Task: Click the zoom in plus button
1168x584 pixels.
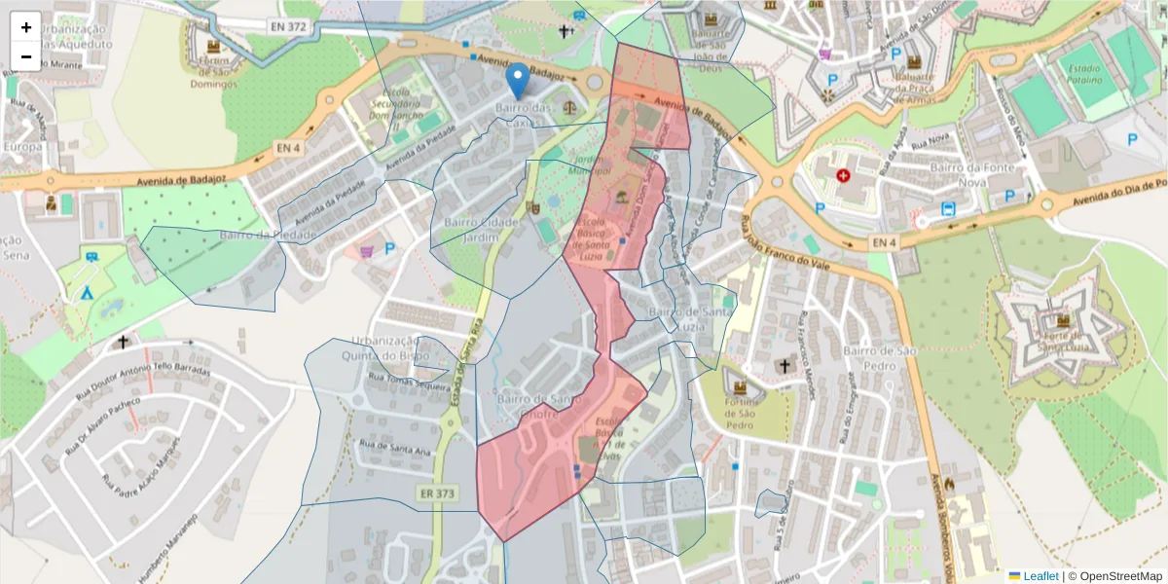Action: click(26, 27)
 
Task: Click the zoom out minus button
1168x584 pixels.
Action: click(26, 56)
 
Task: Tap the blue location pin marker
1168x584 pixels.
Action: click(519, 81)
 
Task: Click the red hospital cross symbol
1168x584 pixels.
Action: click(843, 176)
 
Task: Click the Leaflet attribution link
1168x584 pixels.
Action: click(1040, 575)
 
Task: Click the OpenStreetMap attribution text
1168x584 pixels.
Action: click(1120, 575)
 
